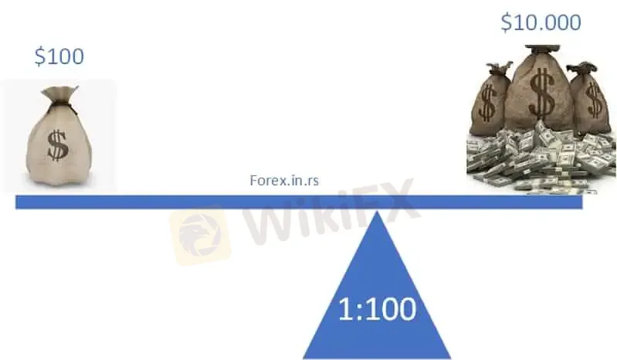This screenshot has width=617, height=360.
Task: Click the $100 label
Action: click(59, 56)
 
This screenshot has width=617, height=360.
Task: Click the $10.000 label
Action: click(541, 22)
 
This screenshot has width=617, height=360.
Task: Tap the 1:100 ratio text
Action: click(377, 309)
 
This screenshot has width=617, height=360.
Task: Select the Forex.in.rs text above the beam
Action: click(284, 180)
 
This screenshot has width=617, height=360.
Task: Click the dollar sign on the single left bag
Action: click(57, 144)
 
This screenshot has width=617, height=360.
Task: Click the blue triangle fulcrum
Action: click(377, 301)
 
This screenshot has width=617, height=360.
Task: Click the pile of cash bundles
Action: click(541, 158)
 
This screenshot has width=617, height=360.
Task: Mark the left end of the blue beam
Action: click(19, 202)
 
